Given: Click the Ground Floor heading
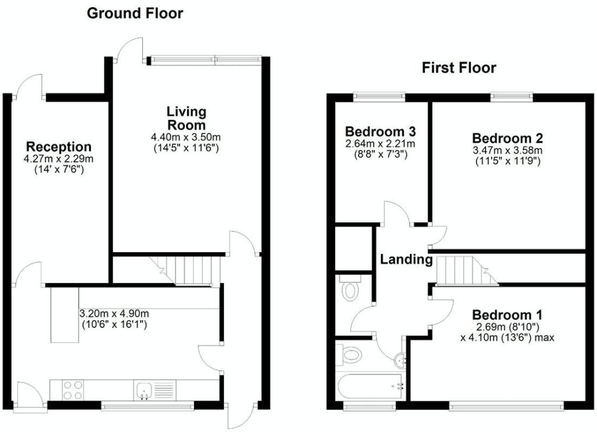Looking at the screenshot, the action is tap(135, 13).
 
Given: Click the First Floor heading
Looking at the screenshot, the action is tap(459, 68).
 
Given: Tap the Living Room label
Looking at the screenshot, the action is tap(187, 118).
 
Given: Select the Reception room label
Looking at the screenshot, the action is tap(59, 146).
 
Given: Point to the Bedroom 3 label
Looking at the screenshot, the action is tap(380, 132).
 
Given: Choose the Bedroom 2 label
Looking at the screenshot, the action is tap(508, 137).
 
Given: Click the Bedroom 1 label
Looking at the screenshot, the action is tap(508, 315).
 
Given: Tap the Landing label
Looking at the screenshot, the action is tap(406, 259).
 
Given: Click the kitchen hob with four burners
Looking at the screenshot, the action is tap(73, 390).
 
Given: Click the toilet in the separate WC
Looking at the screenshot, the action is tap(350, 288).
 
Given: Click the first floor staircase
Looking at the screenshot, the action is tap(467, 270).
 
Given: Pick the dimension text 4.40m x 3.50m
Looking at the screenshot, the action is tap(186, 137).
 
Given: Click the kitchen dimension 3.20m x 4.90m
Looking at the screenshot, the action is tap(114, 314).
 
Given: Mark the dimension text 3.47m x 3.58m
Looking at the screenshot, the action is tap(508, 150).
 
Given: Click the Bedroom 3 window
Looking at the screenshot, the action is tap(379, 97).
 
